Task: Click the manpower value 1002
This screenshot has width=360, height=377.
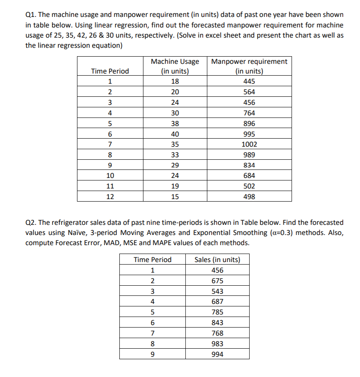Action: click(249, 144)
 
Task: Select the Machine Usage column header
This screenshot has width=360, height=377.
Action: click(175, 66)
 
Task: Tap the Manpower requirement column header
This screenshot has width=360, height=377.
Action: click(249, 66)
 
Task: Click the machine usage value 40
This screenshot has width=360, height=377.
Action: click(175, 134)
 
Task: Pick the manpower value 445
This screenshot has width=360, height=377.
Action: click(249, 82)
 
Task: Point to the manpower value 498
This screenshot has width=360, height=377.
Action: click(249, 197)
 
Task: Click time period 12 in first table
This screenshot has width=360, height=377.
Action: click(110, 197)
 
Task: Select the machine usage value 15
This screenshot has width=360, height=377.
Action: click(175, 197)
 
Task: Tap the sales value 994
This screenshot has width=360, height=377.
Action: click(217, 354)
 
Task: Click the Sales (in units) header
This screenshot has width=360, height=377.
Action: click(217, 260)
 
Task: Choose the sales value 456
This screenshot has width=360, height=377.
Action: click(217, 270)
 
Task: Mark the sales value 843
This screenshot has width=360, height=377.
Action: click(217, 323)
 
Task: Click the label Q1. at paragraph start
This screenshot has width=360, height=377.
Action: click(31, 15)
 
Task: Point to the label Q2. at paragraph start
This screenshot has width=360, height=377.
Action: click(31, 222)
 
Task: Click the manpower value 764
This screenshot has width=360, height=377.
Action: click(249, 113)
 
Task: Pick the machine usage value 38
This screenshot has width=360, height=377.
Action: click(175, 123)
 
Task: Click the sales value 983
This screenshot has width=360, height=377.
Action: click(217, 344)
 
